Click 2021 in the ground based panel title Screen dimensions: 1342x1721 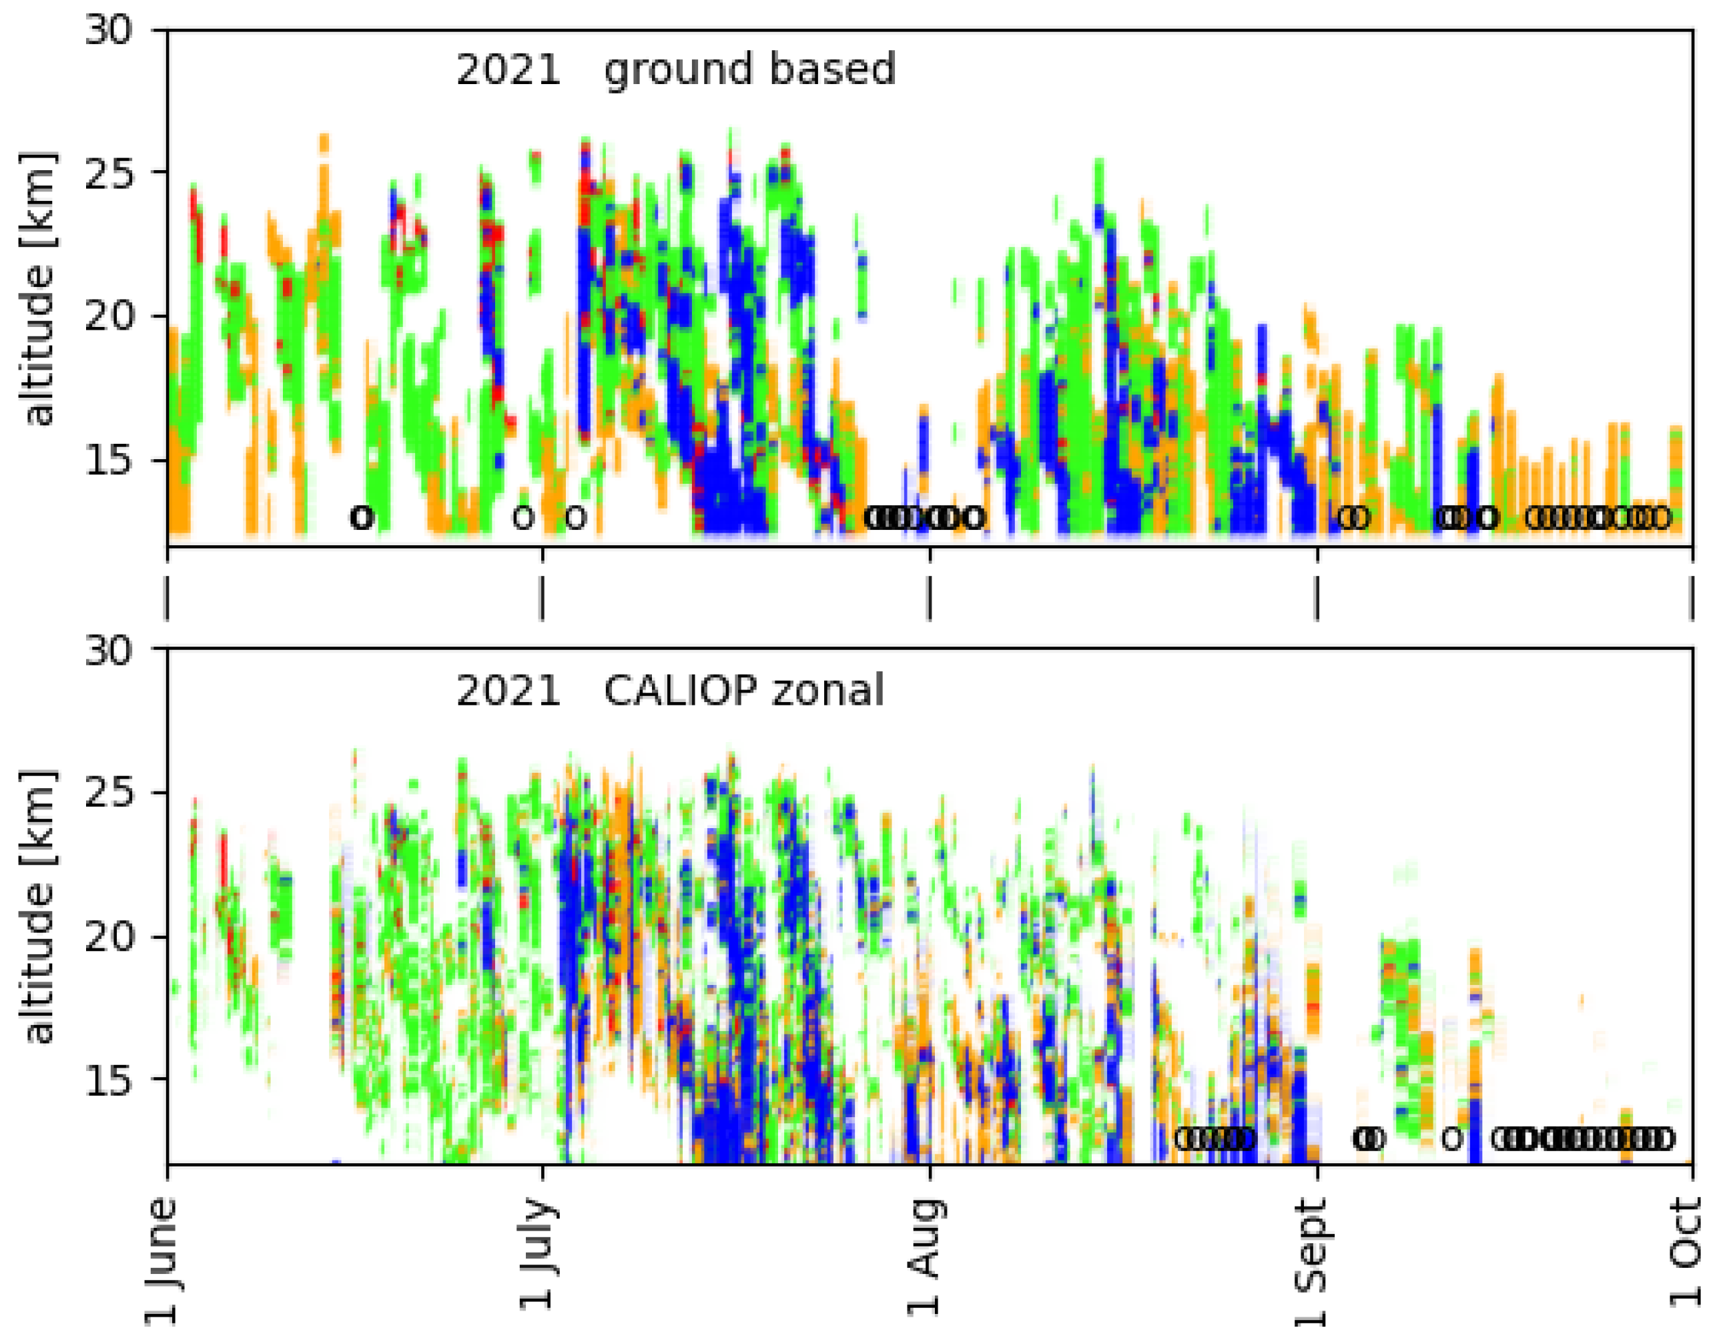coord(508,69)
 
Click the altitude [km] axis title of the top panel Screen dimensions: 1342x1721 coord(38,288)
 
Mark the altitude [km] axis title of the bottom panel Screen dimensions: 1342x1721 coord(38,906)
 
